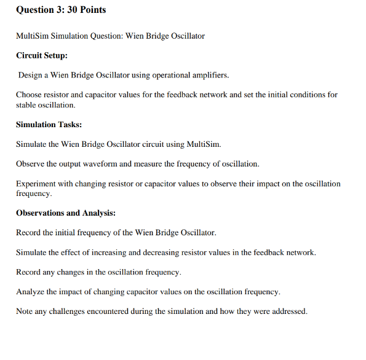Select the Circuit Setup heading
pos(42,55)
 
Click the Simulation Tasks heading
pos(49,124)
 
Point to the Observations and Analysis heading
pos(66,213)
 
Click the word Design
pos(30,75)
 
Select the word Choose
pos(29,95)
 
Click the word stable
pos(26,105)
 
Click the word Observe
pos(30,164)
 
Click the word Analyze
pos(30,291)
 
